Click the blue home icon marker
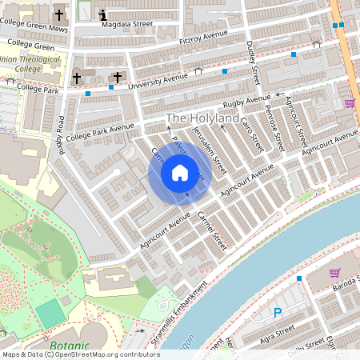click(x=180, y=173)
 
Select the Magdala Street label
click(x=127, y=25)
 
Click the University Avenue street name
click(x=160, y=78)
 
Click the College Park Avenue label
click(x=100, y=132)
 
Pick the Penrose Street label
click(x=276, y=130)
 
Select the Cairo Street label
click(x=253, y=133)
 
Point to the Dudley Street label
click(x=254, y=64)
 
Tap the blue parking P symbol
click(x=278, y=313)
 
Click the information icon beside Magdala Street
click(x=103, y=14)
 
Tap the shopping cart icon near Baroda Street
click(x=334, y=273)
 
